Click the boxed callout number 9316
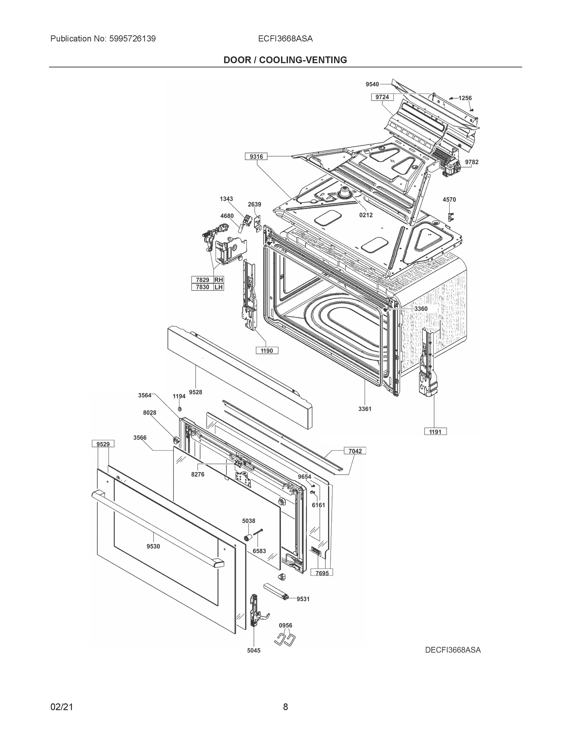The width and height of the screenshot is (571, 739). [256, 156]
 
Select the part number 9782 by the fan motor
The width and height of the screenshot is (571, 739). [472, 162]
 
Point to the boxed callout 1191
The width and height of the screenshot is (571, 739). [435, 431]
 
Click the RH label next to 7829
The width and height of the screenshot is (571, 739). [219, 280]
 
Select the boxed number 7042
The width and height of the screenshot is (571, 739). [355, 451]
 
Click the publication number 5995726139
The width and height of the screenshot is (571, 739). [132, 38]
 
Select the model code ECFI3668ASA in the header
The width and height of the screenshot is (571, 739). [285, 38]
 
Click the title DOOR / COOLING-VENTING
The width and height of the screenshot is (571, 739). [285, 60]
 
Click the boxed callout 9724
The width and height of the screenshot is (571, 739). [382, 97]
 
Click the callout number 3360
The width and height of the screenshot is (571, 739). [421, 309]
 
